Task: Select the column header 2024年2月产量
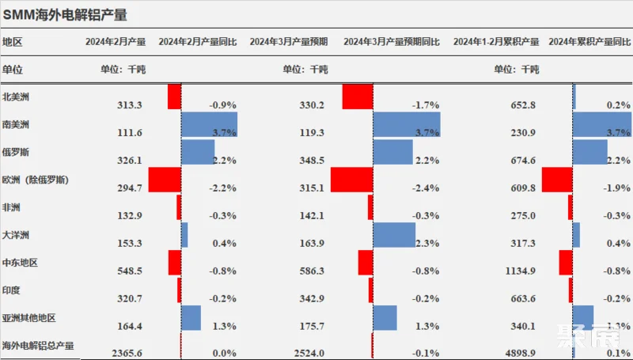[116, 42]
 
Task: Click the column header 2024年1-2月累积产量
[496, 42]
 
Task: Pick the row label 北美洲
[17, 97]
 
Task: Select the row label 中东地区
[21, 263]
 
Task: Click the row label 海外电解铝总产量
[38, 346]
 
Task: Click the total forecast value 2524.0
[308, 354]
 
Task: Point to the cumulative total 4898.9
[520, 354]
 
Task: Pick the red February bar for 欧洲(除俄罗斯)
[165, 180]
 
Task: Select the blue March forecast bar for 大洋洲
[394, 235]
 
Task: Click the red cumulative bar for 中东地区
[565, 263]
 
